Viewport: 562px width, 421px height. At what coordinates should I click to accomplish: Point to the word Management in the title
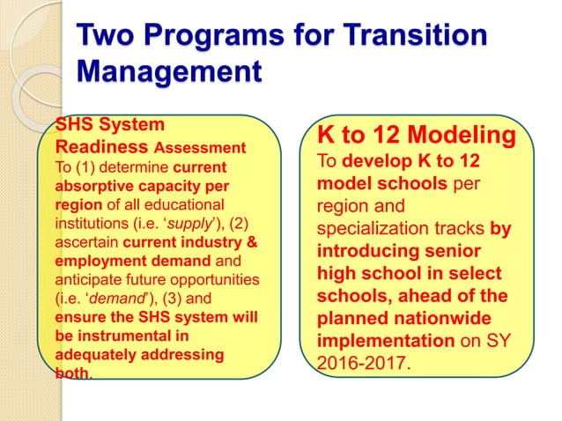[168, 71]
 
